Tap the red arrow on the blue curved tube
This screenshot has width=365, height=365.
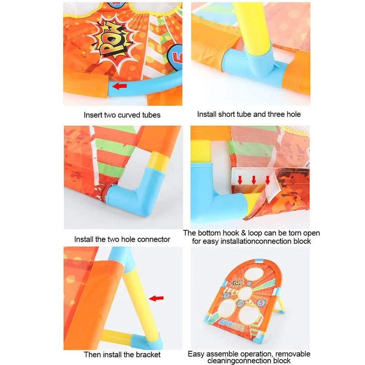(120, 86)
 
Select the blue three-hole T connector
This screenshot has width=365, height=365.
(255, 66)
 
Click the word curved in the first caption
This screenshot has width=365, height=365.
(129, 115)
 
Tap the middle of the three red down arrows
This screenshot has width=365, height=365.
(254, 180)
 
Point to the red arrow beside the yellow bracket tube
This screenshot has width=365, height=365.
(156, 298)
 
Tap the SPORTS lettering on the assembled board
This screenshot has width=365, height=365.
(232, 326)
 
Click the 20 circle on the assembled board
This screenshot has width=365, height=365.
(240, 304)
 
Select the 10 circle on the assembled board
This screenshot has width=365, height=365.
(249, 283)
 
